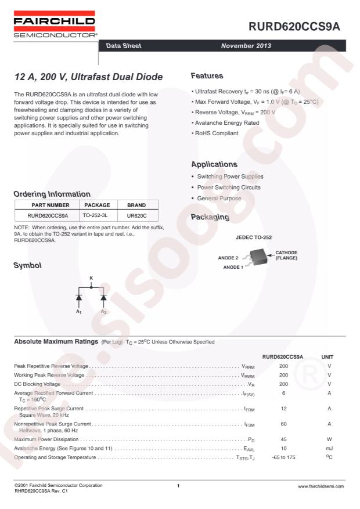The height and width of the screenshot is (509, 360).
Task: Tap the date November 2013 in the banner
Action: [250, 45]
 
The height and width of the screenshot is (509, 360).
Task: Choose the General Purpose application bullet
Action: [218, 198]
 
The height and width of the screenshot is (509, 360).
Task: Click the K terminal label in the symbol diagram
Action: [91, 278]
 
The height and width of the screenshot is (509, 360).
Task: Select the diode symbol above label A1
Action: [79, 298]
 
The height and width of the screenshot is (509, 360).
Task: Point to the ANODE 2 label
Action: [228, 257]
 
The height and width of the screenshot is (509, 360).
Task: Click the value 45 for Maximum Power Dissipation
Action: [284, 439]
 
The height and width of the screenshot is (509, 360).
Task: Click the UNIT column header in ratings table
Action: [327, 356]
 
